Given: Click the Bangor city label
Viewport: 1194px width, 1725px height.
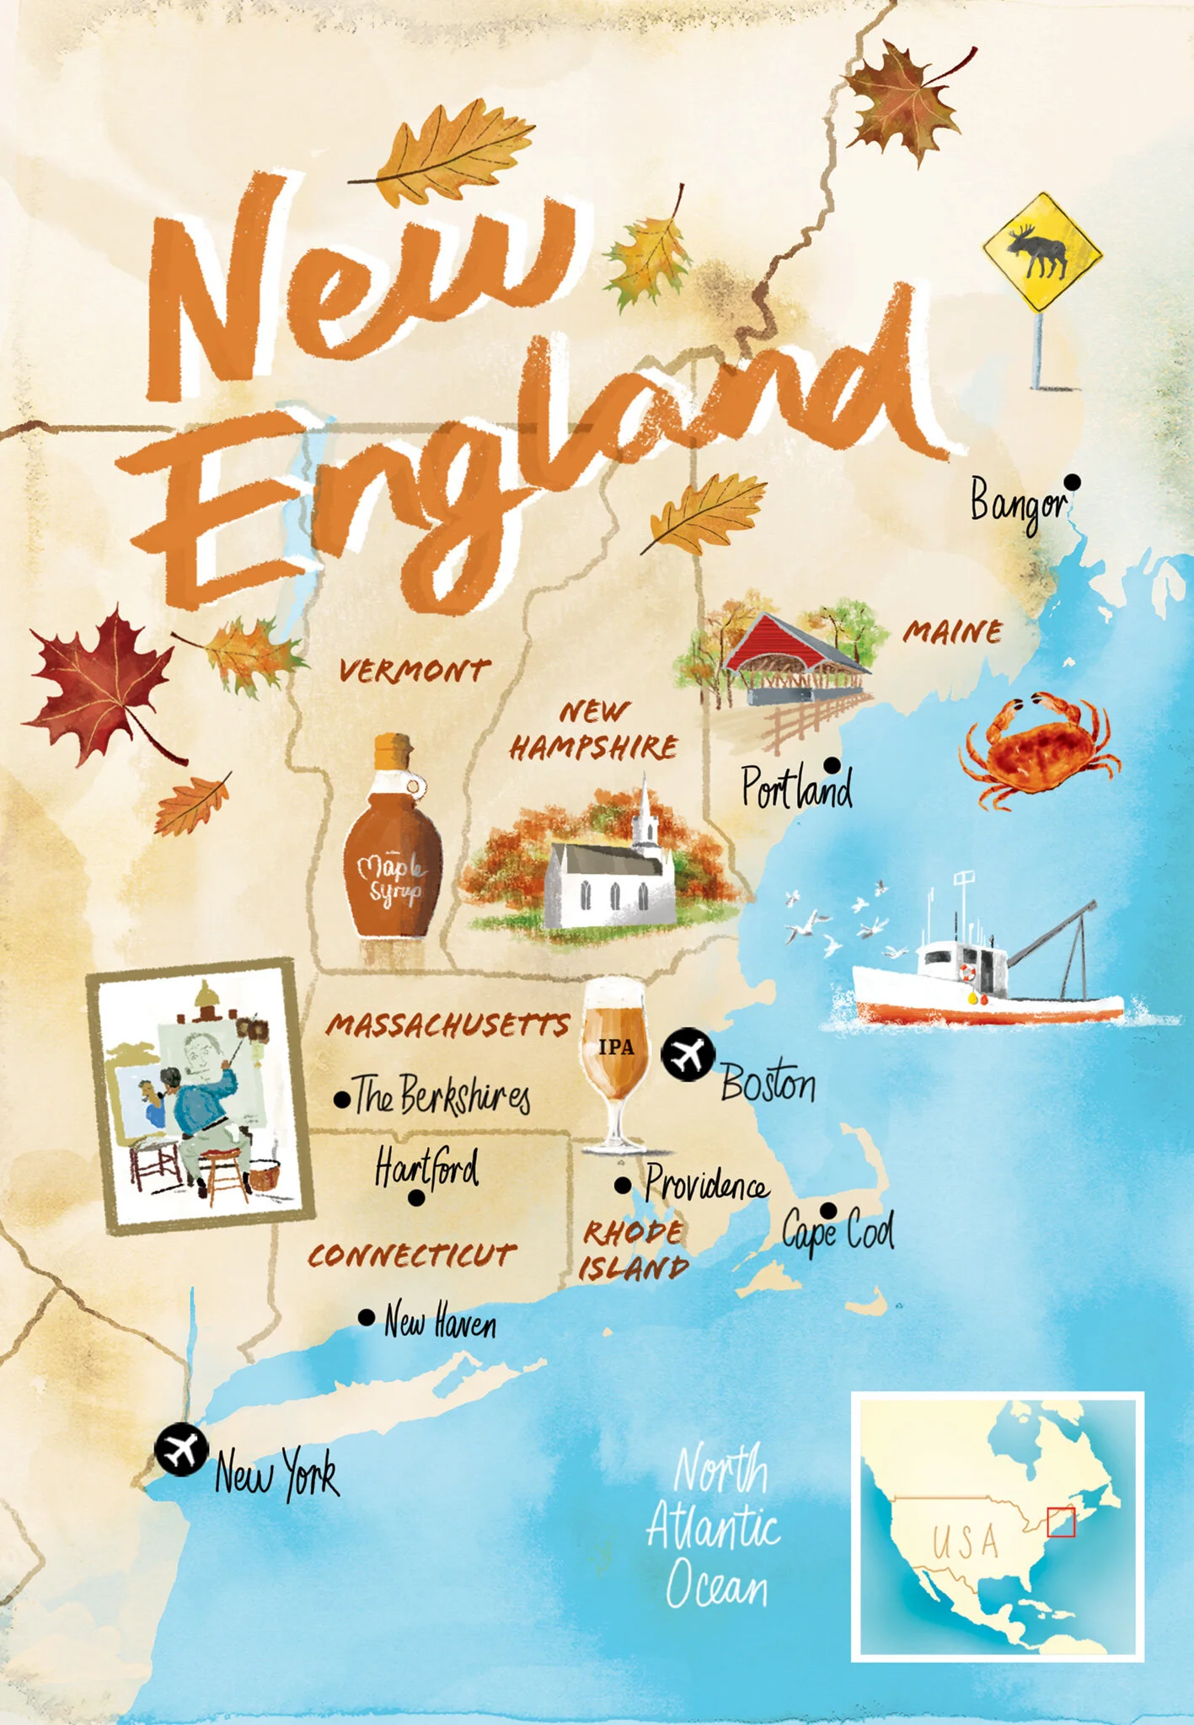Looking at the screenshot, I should pos(1018,503).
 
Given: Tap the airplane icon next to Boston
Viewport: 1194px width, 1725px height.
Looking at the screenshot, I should pos(688,1053).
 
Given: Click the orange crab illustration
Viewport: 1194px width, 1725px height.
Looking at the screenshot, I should pos(1039,746).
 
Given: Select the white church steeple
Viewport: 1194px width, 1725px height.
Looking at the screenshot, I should pos(645,813).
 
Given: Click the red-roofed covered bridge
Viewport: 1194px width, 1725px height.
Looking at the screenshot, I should pos(792,662).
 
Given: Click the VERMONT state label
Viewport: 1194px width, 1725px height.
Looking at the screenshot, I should pos(414,671).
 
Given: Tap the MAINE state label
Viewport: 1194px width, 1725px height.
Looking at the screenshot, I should pos(953,632).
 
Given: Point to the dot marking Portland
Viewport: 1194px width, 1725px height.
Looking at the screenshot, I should pos(832,765).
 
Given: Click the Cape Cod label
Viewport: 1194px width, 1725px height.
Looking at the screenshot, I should pos(838,1231).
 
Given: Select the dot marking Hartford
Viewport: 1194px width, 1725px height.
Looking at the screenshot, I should pos(416,1197).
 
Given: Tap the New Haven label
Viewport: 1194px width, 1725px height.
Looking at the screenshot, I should pos(440,1321).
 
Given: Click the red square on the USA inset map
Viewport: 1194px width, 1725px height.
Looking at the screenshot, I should pos(1061,1522).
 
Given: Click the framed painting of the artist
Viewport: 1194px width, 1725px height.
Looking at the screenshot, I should pos(201,1096).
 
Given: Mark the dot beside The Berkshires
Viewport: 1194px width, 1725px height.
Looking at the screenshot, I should pos(342,1100).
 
